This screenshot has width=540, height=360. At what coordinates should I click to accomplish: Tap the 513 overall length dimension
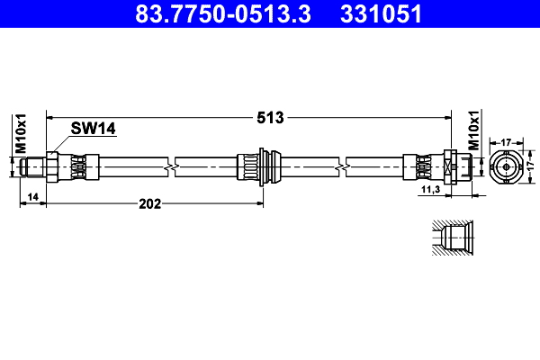click(x=270, y=117)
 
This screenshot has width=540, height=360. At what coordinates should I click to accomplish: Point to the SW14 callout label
click(x=94, y=130)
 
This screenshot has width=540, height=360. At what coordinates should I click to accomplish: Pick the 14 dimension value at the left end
click(x=32, y=196)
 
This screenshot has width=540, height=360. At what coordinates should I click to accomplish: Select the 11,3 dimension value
click(x=430, y=191)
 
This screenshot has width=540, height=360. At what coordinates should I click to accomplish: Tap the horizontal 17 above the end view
click(x=507, y=142)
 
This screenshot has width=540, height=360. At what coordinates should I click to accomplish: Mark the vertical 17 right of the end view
click(x=530, y=166)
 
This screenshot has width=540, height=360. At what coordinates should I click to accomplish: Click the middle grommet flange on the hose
click(x=261, y=167)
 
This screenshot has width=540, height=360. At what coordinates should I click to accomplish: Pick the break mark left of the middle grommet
click(x=172, y=167)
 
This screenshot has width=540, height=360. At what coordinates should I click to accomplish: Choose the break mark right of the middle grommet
click(x=342, y=167)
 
